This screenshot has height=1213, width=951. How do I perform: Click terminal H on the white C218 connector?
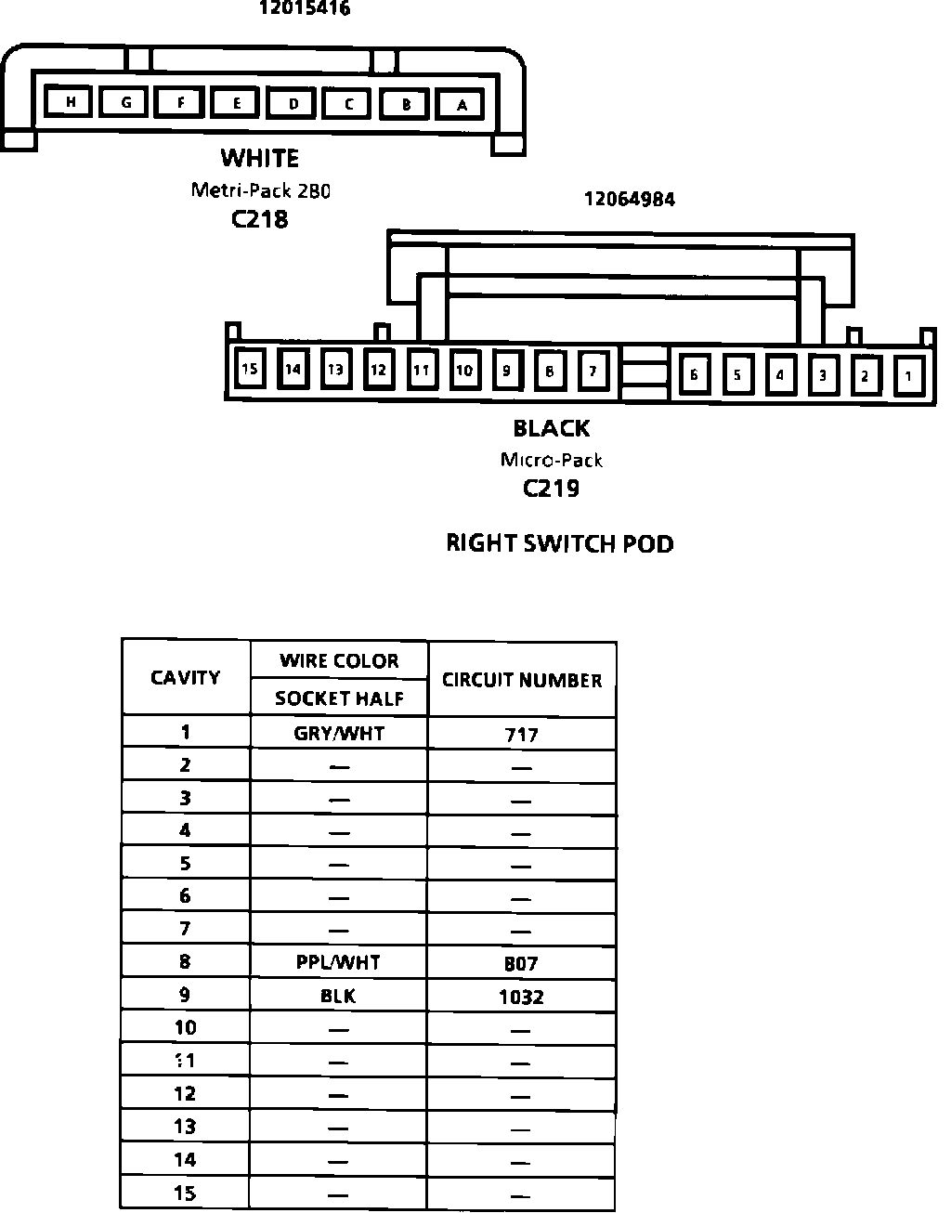[x=70, y=101]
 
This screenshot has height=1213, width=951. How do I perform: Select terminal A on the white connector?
[x=462, y=105]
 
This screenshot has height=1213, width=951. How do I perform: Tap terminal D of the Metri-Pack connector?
[x=293, y=103]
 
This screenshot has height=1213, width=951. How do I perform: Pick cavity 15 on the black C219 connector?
[x=249, y=369]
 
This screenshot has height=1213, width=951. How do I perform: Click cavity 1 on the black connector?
[x=909, y=375]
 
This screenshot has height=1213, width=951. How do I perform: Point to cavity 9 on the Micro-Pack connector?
[x=506, y=371]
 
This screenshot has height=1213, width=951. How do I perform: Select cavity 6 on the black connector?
[x=694, y=374]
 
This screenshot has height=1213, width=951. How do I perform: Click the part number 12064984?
[x=629, y=199]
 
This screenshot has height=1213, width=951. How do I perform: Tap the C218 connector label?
[x=260, y=219]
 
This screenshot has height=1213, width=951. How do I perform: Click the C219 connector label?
[x=552, y=489]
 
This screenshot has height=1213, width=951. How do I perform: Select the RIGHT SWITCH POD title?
[x=560, y=543]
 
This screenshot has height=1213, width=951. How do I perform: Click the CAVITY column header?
[x=186, y=677]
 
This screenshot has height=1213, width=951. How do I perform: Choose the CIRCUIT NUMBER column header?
[x=522, y=680]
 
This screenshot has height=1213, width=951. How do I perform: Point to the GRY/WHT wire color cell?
[x=339, y=733]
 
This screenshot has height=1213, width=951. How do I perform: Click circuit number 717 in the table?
[x=521, y=735]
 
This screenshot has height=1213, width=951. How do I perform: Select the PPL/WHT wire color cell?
[x=338, y=962]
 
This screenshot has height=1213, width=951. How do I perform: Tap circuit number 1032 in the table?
[x=521, y=997]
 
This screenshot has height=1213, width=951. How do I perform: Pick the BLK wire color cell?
[x=338, y=996]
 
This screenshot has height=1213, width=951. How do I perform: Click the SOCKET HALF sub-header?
[x=339, y=698]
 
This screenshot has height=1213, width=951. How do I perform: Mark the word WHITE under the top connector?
[x=260, y=158]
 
